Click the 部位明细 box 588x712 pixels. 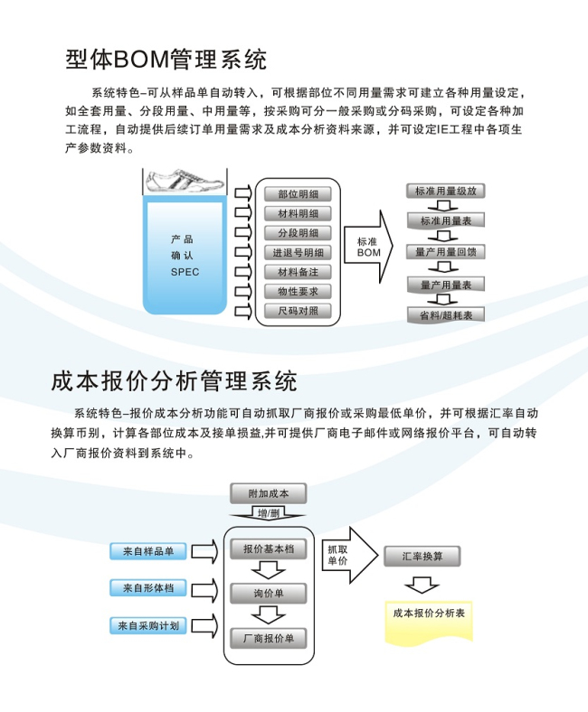298,194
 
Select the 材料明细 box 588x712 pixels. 298,214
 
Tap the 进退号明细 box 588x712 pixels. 298,253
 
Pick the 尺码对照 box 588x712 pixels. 298,311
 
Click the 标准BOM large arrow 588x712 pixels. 368,248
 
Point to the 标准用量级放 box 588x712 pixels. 446,192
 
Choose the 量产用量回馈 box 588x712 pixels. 446,252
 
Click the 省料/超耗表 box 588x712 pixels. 446,314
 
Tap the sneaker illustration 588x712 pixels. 185,182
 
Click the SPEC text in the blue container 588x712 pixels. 185,272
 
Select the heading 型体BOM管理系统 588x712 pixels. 166,60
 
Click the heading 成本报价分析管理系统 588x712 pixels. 174,381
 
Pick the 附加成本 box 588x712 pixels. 269,493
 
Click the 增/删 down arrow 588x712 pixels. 269,513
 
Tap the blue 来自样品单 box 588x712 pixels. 148,551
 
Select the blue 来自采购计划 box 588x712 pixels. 148,626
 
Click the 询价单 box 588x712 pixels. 269,594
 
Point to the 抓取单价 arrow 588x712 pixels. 350,555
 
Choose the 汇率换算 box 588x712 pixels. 422,557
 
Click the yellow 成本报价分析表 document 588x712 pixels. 429,622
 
